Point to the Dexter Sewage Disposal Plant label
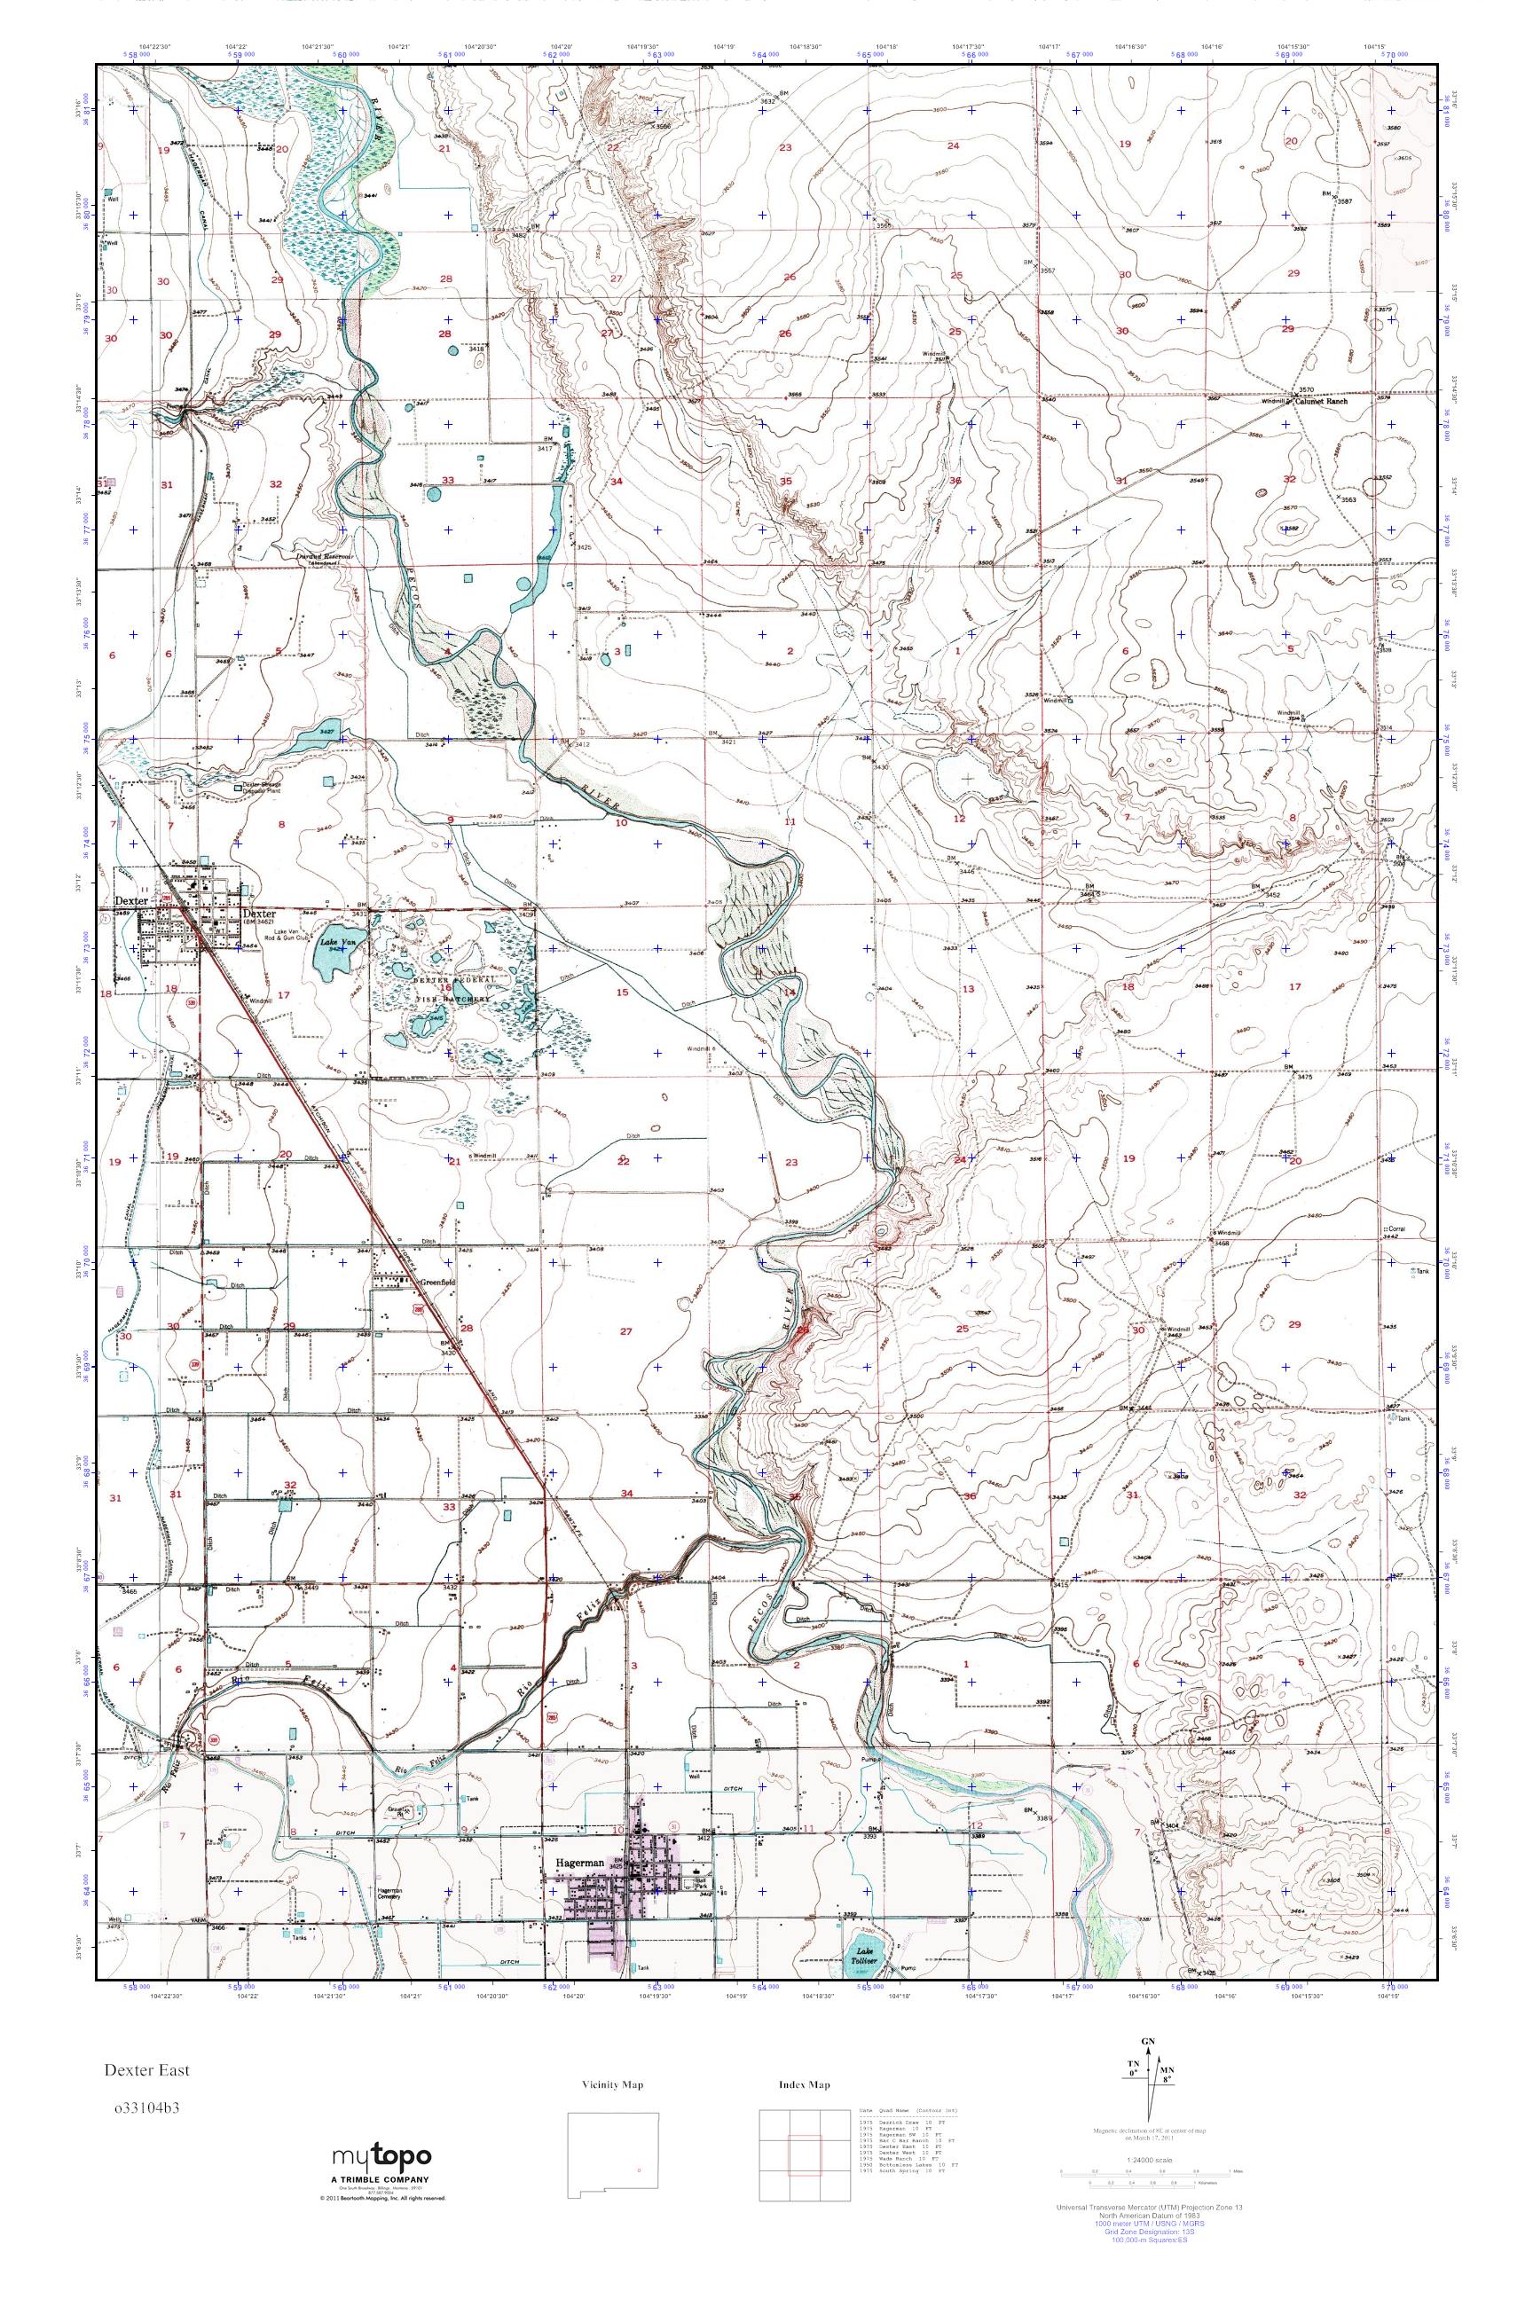click(x=264, y=788)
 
